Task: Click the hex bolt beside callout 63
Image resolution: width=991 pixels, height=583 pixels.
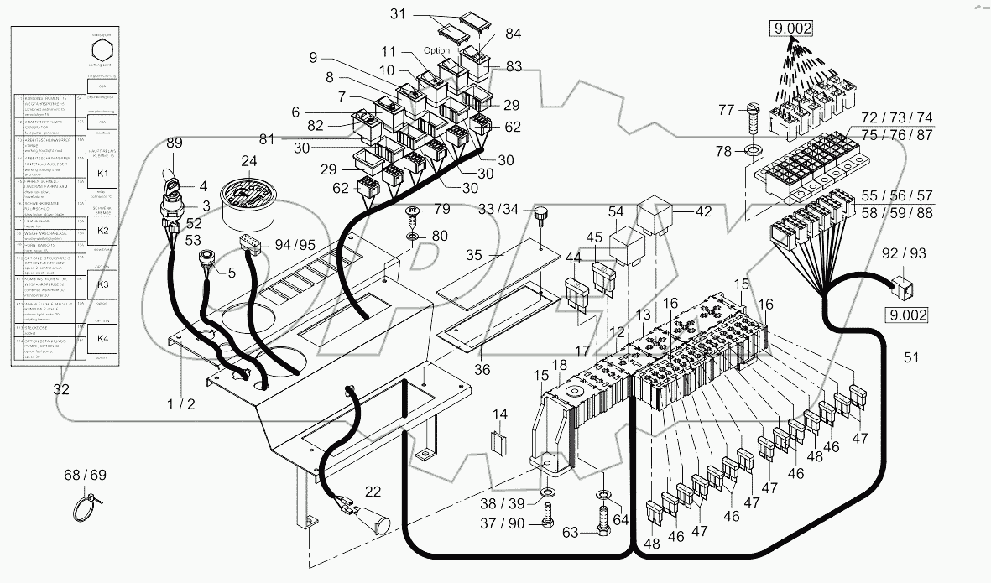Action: pyautogui.click(x=602, y=524)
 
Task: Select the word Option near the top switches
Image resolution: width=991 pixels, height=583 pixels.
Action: pyautogui.click(x=436, y=51)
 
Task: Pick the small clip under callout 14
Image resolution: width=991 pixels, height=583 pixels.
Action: pyautogui.click(x=500, y=445)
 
